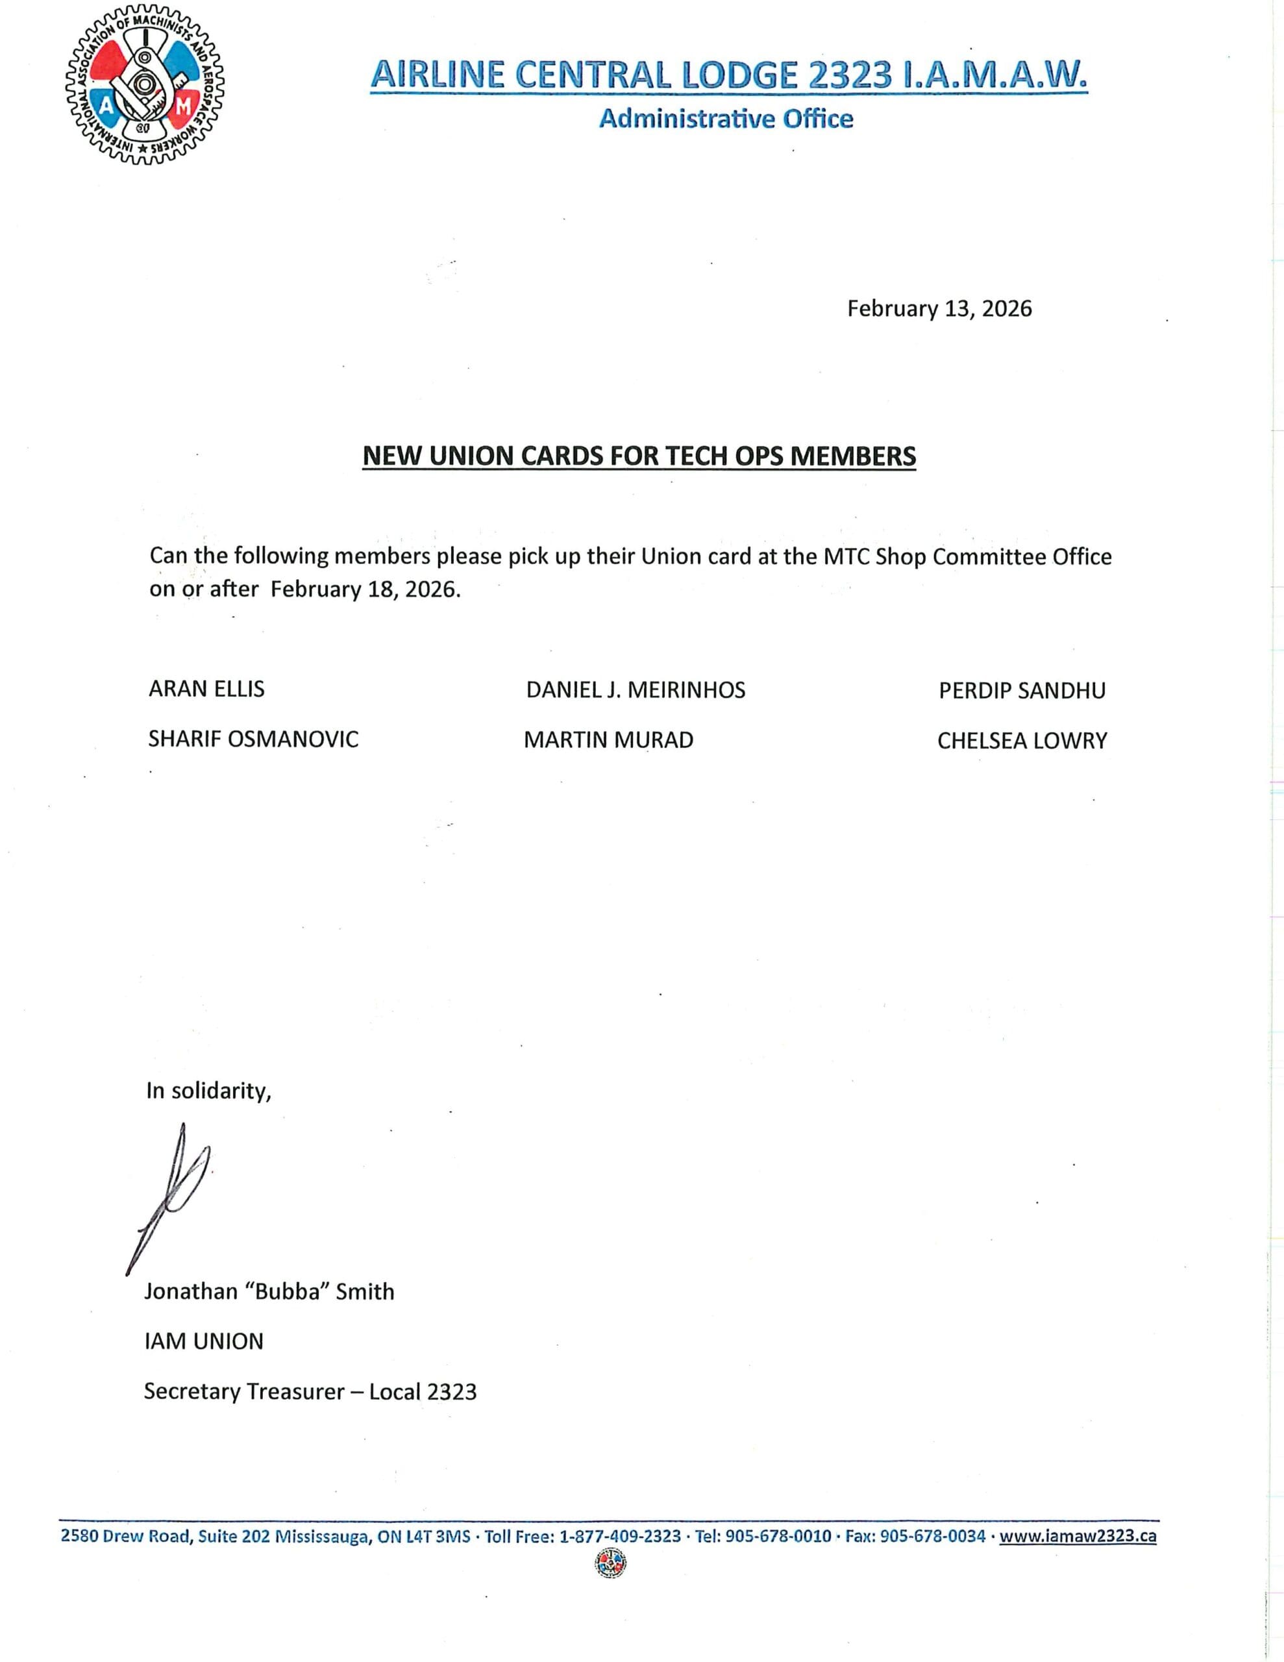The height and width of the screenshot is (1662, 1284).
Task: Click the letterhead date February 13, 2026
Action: pyautogui.click(x=939, y=309)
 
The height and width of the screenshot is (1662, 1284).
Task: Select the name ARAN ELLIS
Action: pyautogui.click(x=206, y=689)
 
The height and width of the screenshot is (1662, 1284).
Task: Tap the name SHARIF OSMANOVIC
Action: pyautogui.click(x=253, y=739)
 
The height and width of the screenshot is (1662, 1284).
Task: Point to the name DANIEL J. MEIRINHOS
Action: pyautogui.click(x=636, y=690)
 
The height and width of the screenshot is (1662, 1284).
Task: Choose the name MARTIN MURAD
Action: pyautogui.click(x=608, y=741)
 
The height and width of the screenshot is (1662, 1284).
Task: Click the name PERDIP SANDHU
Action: pyautogui.click(x=1021, y=691)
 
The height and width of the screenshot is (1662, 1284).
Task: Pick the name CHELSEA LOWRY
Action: pyautogui.click(x=1021, y=741)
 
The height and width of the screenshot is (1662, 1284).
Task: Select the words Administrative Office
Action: pyautogui.click(x=726, y=119)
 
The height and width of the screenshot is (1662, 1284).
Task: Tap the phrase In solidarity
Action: pyautogui.click(x=208, y=1091)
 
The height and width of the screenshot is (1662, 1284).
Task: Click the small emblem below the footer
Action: pyautogui.click(x=609, y=1565)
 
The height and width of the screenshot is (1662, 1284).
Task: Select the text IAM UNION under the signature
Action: pyautogui.click(x=204, y=1342)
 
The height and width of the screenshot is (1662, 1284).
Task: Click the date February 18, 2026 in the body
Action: pyautogui.click(x=365, y=589)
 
